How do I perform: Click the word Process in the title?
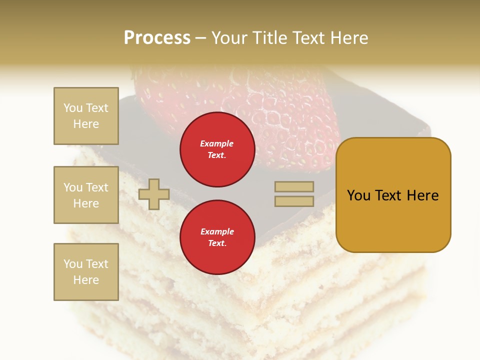157,38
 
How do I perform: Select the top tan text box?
86,116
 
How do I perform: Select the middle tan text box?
86,195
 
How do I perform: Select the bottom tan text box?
86,272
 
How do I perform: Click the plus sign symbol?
154,194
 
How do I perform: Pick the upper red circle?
217,149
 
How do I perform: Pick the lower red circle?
217,237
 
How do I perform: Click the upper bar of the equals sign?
294,186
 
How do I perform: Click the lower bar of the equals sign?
294,201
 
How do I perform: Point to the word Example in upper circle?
217,143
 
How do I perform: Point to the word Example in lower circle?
217,231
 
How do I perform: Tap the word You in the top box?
73,108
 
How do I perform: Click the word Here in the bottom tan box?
86,280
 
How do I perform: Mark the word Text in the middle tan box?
96,187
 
